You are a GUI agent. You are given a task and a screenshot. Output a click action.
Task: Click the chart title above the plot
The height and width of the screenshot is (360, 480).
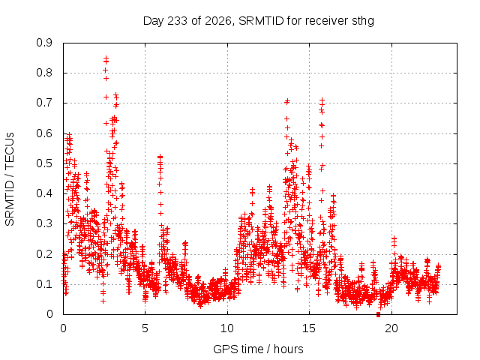click(x=259, y=21)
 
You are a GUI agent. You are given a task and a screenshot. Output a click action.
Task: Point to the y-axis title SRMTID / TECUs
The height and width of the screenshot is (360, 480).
click(x=10, y=179)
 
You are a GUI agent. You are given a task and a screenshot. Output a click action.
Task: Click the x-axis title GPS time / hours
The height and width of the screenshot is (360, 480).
click(x=258, y=349)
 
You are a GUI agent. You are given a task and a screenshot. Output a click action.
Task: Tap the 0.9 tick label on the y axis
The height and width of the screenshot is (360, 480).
click(x=44, y=43)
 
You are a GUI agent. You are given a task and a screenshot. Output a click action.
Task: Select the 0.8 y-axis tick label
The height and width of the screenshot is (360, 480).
click(x=44, y=73)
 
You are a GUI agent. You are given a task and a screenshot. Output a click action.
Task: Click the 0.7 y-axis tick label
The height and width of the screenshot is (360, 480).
click(x=44, y=103)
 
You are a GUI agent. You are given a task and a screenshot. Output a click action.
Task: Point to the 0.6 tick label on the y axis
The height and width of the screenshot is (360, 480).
click(x=44, y=133)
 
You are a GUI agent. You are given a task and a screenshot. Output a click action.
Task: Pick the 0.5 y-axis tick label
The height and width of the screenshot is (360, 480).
click(x=44, y=163)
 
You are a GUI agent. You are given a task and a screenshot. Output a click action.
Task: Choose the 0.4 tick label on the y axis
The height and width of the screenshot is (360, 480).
click(x=44, y=193)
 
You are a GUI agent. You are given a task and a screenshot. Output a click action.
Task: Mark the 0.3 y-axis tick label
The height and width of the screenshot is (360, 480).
click(x=44, y=223)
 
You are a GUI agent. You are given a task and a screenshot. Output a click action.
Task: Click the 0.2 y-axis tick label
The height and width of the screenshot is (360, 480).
click(x=44, y=254)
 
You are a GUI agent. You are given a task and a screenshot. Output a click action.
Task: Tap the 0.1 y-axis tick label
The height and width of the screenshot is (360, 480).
click(x=44, y=284)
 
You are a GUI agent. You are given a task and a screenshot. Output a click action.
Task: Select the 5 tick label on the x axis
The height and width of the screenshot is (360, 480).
click(x=145, y=328)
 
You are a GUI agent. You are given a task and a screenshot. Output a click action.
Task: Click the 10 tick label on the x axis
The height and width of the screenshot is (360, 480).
click(x=227, y=328)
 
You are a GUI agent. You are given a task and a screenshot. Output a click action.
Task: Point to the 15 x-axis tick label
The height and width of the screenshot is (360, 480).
click(x=309, y=328)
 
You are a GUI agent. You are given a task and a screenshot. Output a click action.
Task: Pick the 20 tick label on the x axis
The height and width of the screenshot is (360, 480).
click(x=391, y=328)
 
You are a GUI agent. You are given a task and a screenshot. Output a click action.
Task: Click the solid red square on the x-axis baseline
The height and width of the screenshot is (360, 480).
click(x=378, y=314)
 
